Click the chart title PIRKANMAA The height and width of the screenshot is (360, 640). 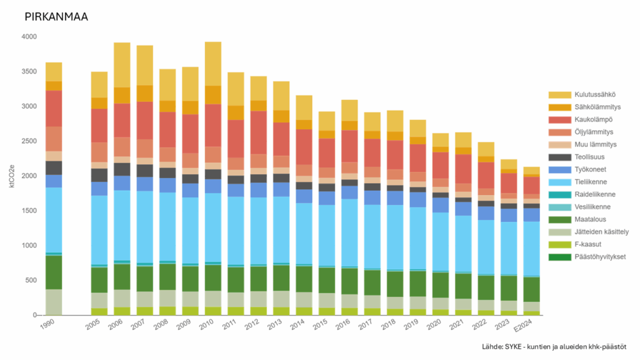click(x=56, y=17)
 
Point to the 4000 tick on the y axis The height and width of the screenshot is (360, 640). click(x=29, y=37)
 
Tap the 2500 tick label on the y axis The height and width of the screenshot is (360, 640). click(x=29, y=141)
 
